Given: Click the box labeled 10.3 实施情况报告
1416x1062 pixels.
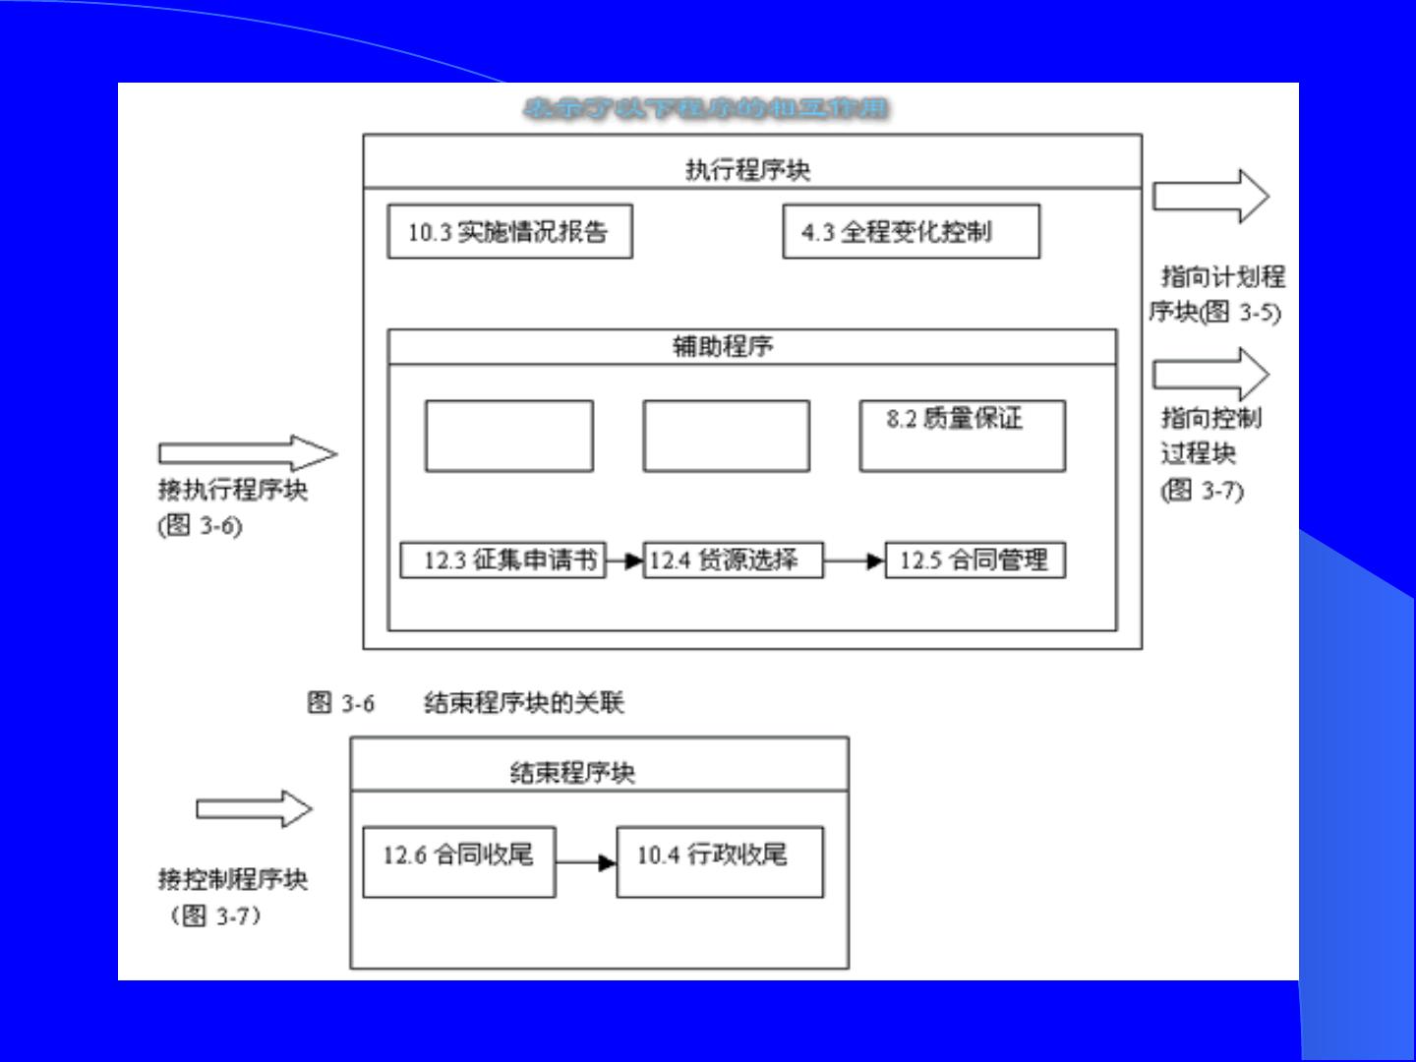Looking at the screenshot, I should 509,232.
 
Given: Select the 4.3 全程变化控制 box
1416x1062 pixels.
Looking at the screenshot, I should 911,232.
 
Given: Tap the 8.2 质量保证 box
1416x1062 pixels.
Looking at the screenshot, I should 962,436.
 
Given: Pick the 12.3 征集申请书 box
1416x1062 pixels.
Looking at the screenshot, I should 502,560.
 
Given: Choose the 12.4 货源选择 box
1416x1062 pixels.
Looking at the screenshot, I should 733,560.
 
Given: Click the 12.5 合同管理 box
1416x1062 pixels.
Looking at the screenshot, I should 974,560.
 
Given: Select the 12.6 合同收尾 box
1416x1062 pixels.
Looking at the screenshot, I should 459,861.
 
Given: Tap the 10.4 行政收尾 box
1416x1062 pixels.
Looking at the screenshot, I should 720,861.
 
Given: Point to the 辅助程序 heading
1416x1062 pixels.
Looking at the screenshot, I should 723,346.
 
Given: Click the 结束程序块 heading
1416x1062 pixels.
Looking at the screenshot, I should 572,773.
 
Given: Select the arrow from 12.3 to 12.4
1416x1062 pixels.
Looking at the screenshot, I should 624,561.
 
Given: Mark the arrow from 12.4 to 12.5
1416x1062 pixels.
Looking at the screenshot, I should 854,561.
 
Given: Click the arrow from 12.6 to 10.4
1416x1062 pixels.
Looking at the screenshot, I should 586,863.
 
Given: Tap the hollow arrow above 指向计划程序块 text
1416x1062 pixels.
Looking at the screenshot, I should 1210,196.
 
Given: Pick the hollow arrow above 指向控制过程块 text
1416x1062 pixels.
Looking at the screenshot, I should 1210,374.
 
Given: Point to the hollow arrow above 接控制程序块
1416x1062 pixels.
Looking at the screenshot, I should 254,809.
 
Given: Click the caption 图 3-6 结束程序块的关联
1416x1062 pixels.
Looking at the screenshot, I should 465,702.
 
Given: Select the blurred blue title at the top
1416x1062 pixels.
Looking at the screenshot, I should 706,108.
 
